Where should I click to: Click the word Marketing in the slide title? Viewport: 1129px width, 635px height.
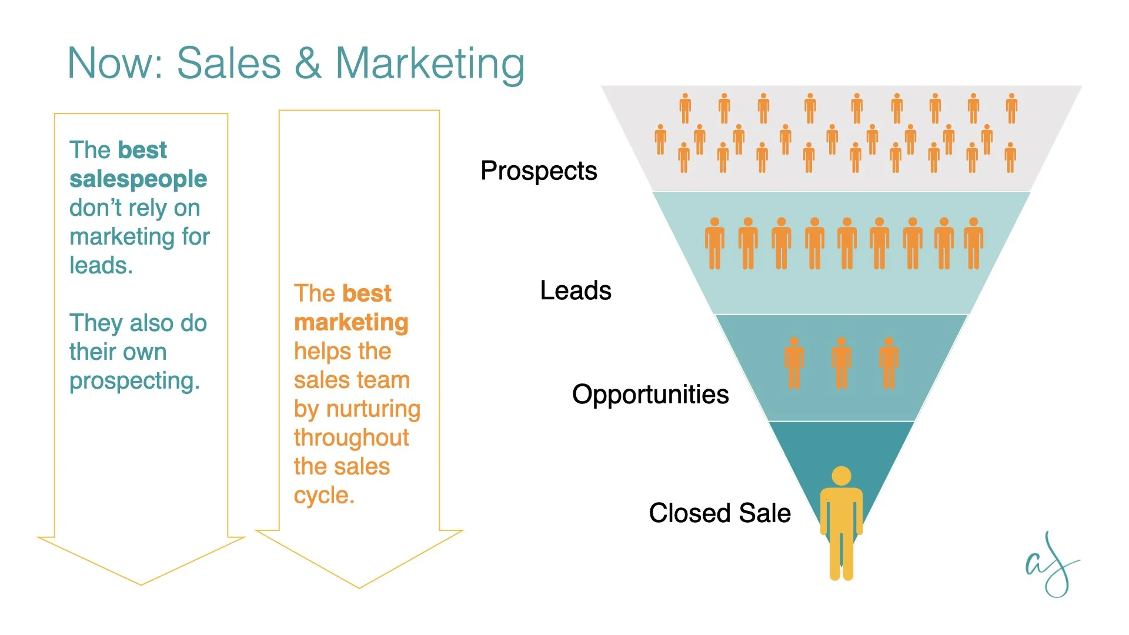pyautogui.click(x=430, y=63)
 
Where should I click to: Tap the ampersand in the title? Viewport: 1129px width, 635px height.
pyautogui.click(x=308, y=63)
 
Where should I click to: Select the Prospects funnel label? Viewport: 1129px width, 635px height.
pyautogui.click(x=539, y=171)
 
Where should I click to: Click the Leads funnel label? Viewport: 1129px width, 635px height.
pyautogui.click(x=576, y=290)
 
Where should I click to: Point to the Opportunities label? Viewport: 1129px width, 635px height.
pyautogui.click(x=650, y=395)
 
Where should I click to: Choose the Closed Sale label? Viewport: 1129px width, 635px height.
pyautogui.click(x=720, y=513)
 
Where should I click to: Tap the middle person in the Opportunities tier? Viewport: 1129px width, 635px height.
pyautogui.click(x=841, y=363)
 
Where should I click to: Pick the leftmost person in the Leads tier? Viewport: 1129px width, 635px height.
pyautogui.click(x=714, y=243)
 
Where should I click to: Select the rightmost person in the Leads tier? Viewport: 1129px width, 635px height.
pyautogui.click(x=974, y=243)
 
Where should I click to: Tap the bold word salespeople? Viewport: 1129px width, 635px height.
pyautogui.click(x=138, y=179)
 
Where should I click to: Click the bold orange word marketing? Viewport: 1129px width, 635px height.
pyautogui.click(x=351, y=322)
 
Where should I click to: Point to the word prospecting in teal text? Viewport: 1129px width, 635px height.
pyautogui.click(x=135, y=381)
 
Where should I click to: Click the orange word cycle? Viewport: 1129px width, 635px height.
pyautogui.click(x=324, y=496)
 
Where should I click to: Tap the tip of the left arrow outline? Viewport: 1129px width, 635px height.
pyautogui.click(x=141, y=584)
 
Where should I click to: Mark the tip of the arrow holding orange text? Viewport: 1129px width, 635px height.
pyautogui.click(x=359, y=587)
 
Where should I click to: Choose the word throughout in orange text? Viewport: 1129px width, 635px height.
pyautogui.click(x=351, y=438)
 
